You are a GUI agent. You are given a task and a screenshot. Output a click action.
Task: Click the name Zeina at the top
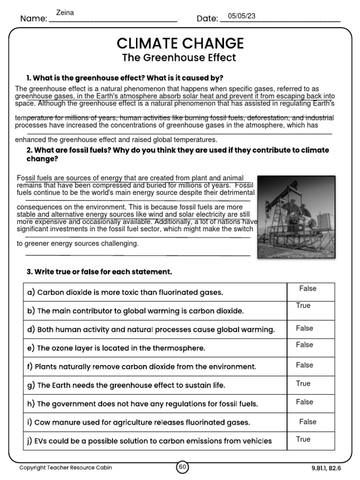coord(65,13)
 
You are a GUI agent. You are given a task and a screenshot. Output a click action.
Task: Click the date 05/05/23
coord(241,16)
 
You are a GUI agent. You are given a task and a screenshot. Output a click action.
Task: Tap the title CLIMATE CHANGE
coord(180,44)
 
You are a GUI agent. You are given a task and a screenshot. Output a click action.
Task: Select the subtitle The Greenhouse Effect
coord(179,58)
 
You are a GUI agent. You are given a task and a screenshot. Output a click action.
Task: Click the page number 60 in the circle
coord(182,467)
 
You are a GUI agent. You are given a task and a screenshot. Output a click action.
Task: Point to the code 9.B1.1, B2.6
coord(325,467)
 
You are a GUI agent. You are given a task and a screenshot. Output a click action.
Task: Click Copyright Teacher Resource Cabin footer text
coord(66,467)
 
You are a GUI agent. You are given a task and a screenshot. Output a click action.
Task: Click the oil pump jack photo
coord(296,217)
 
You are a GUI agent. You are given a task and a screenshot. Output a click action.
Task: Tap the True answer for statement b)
coord(303,306)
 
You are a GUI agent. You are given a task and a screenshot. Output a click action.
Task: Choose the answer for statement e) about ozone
coord(304,345)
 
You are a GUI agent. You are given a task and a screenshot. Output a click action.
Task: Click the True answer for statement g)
coord(303,383)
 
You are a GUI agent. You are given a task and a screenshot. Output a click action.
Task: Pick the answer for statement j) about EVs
coord(303,439)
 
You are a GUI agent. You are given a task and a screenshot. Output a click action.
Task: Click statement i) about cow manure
coord(139,422)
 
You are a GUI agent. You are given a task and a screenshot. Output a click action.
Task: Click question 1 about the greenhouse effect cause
coord(125,77)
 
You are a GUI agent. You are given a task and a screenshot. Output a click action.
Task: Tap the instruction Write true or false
coord(99,272)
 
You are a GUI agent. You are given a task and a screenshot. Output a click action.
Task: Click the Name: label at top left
coord(33,19)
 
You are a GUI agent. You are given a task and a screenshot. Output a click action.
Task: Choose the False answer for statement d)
coord(304,328)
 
